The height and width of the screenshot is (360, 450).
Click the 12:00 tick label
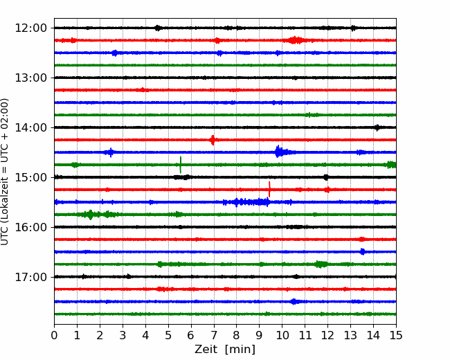tap(30, 28)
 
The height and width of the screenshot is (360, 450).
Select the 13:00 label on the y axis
tap(30, 78)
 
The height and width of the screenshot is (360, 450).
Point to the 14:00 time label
tap(30, 127)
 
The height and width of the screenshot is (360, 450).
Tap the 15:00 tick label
tap(30, 177)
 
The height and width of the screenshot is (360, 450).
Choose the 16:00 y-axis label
tap(30, 227)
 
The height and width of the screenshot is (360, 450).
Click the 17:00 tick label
tap(30, 277)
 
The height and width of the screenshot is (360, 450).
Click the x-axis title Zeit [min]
tap(225, 349)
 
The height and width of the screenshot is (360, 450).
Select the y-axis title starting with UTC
tap(5, 172)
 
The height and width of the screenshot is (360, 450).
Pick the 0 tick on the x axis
tap(54, 335)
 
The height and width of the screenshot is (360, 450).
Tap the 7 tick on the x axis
tap(214, 335)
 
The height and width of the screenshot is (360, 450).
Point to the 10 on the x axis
tap(282, 335)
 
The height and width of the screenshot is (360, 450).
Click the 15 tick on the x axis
tap(396, 335)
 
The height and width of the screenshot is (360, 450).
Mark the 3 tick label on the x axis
tap(123, 335)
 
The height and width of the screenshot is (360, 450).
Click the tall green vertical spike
tap(181, 165)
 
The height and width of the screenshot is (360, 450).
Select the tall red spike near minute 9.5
tap(269, 189)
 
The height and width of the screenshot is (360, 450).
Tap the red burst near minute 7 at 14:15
tap(213, 140)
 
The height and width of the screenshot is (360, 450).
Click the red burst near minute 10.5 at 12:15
tap(294, 40)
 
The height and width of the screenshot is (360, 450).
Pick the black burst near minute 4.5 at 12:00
tap(158, 28)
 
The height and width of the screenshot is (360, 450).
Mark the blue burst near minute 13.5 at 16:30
tap(363, 251)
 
